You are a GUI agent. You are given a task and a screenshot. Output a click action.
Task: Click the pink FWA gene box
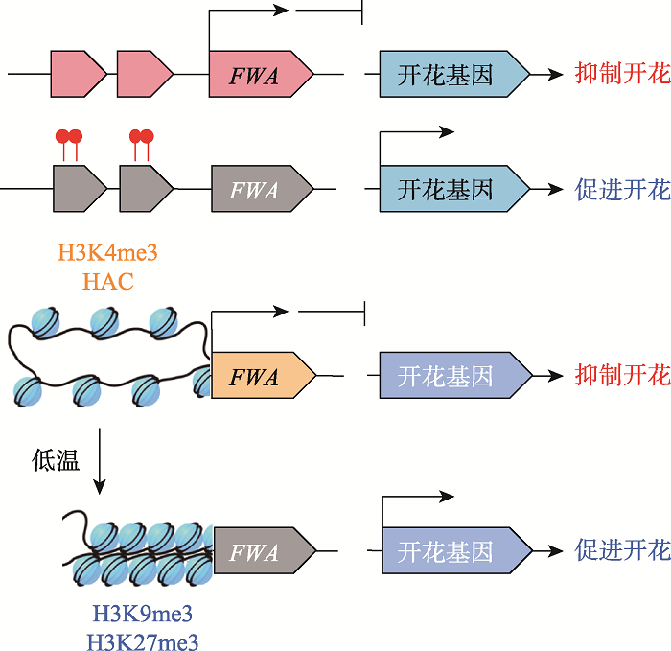259,75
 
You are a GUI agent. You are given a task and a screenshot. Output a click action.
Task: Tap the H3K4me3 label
107,254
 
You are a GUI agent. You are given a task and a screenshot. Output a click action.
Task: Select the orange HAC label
108,281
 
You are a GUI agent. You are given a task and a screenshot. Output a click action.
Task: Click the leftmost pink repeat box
78,74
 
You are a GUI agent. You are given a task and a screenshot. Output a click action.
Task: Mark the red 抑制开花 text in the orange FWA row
621,375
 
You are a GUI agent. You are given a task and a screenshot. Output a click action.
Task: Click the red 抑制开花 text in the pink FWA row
621,74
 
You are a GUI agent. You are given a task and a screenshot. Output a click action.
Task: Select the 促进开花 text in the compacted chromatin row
621,550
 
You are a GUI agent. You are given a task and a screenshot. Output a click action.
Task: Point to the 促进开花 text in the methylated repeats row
621,189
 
